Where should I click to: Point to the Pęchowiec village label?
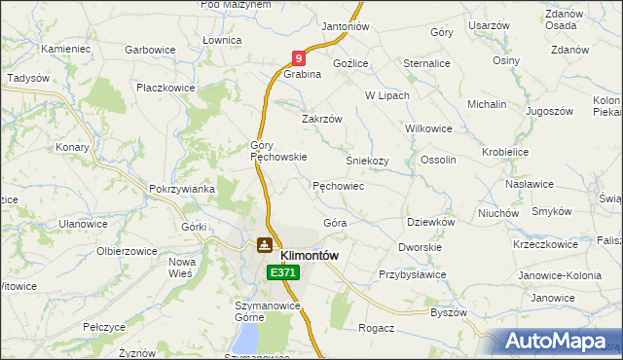pos(338,185)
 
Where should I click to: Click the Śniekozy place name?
pos(367,161)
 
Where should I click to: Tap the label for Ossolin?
pos(437,160)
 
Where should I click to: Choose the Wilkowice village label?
pos(428,127)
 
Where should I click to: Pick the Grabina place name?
pos(303,74)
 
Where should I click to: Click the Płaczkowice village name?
pos(165,88)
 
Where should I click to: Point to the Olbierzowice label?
pos(127,250)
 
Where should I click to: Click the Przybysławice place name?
pos(412,274)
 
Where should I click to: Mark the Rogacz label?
pos(376,328)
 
